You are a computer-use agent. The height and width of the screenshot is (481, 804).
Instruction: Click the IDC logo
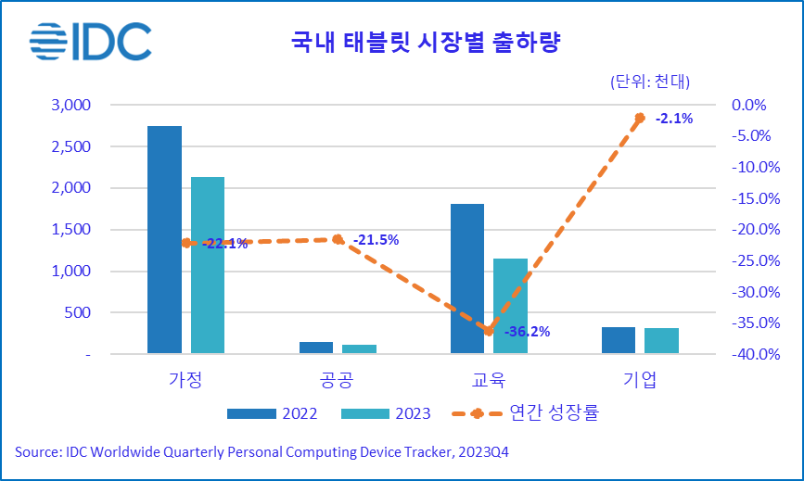tap(89, 41)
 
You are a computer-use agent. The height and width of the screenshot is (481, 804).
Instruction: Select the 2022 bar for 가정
tap(164, 239)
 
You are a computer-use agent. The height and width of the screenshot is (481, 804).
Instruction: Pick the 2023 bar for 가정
tap(208, 265)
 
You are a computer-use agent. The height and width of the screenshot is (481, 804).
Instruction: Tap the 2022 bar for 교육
tap(467, 278)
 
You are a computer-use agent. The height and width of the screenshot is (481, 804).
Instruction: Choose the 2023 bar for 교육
tap(510, 306)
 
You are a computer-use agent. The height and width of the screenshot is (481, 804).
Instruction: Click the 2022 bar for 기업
tap(619, 340)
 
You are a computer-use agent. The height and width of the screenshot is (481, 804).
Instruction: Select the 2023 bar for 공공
tap(359, 348)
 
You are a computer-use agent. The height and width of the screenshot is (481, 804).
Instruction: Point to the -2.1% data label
tap(674, 119)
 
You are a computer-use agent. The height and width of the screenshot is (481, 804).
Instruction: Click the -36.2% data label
tap(528, 331)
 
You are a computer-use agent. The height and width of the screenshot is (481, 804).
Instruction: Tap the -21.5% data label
tap(376, 240)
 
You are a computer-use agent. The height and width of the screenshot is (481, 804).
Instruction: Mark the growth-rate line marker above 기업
tap(640, 118)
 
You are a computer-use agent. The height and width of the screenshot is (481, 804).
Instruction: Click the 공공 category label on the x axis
tap(337, 380)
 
